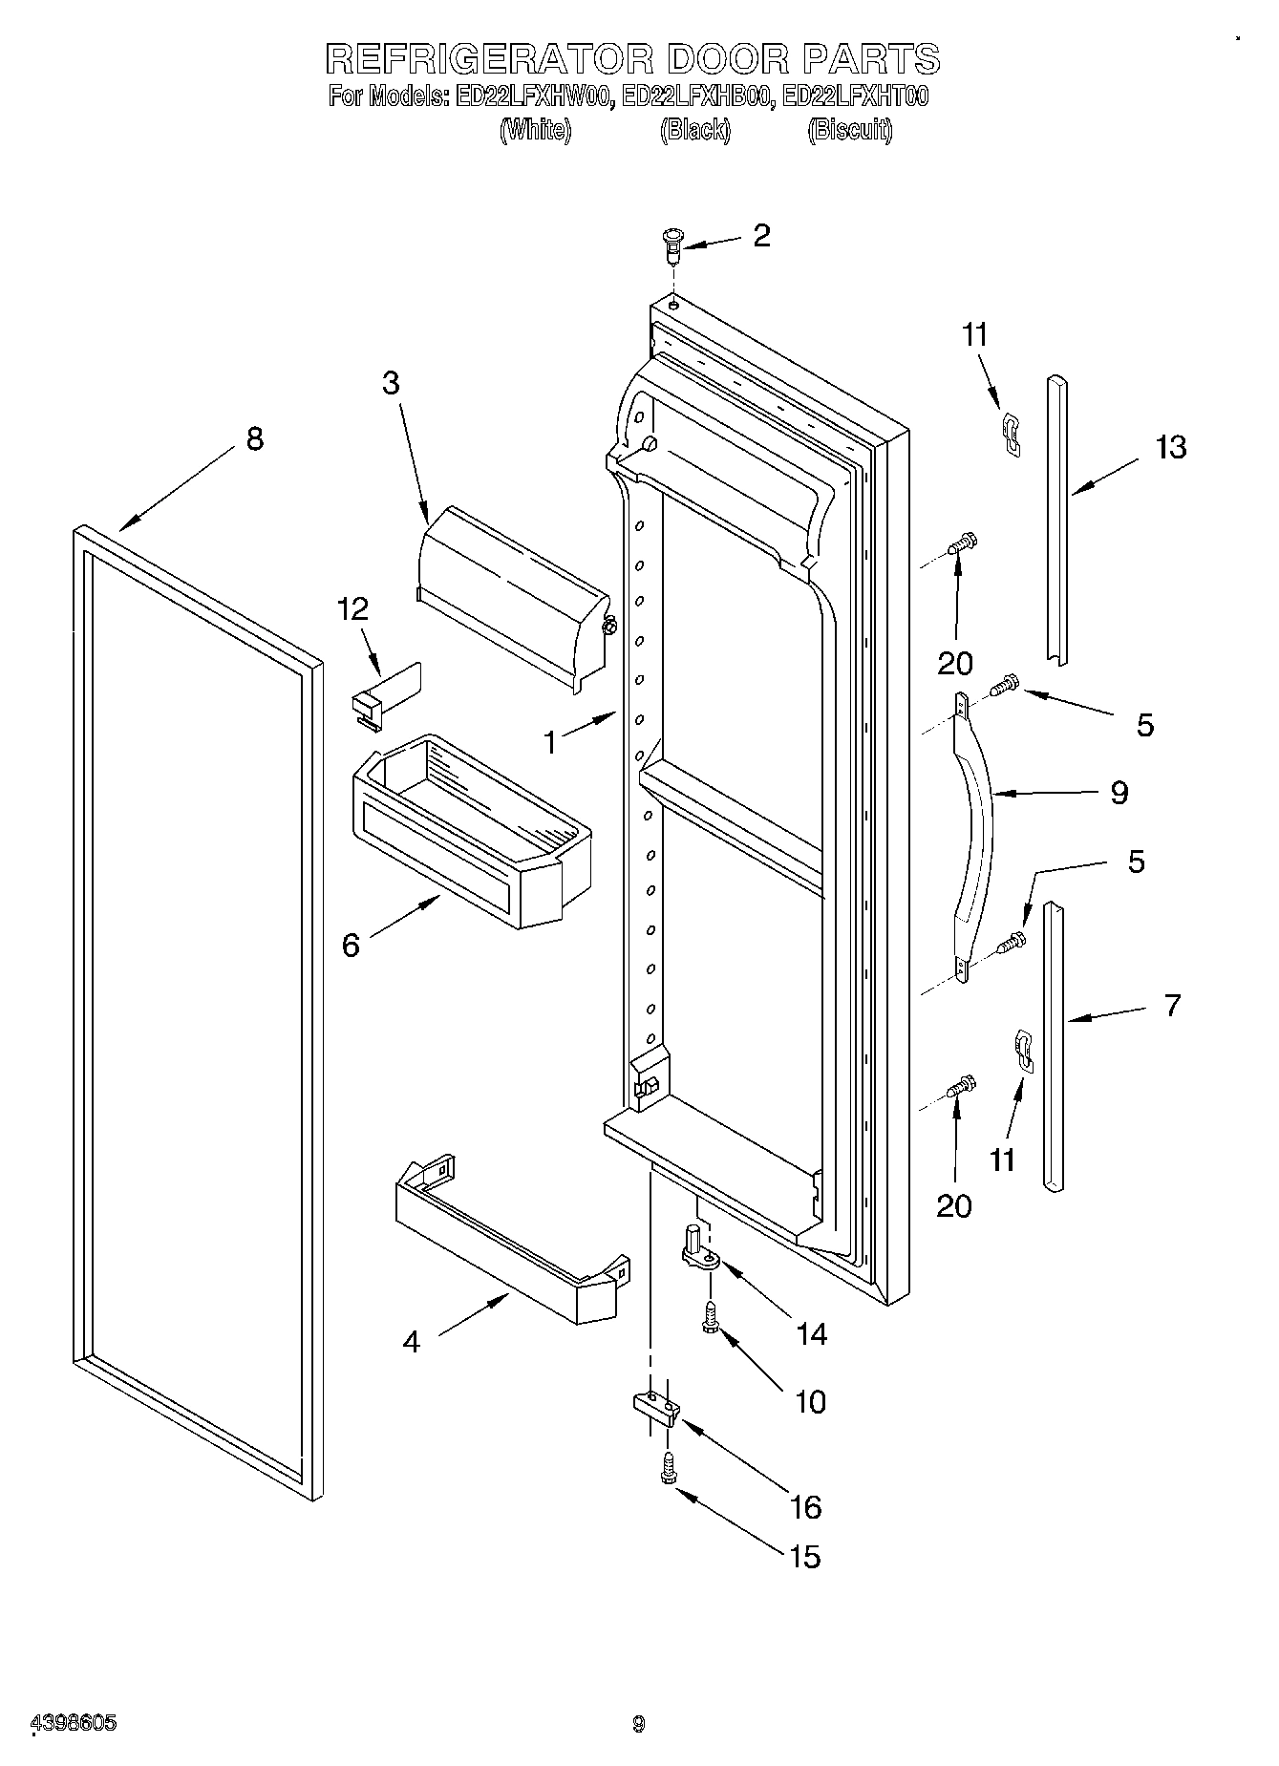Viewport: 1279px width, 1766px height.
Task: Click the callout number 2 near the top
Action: [x=760, y=236]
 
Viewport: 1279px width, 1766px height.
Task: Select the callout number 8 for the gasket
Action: [x=254, y=439]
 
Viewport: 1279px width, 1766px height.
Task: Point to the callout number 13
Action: [x=1170, y=447]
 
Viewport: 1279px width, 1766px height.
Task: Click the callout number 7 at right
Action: [x=1172, y=1005]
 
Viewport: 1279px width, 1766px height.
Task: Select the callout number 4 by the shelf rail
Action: [x=411, y=1342]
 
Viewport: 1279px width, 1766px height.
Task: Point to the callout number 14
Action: [x=811, y=1333]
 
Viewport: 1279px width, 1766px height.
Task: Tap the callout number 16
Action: [x=806, y=1507]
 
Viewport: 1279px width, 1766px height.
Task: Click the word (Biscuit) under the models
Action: [x=849, y=130]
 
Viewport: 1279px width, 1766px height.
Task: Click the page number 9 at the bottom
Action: [x=638, y=1723]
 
